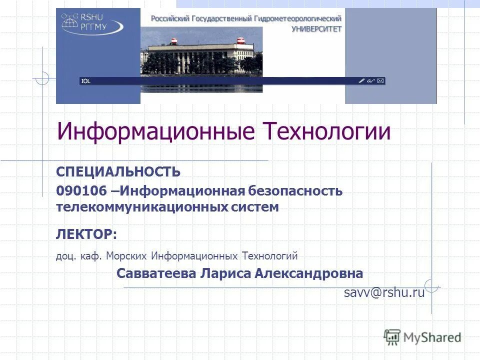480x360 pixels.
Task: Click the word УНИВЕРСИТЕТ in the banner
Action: coord(316,28)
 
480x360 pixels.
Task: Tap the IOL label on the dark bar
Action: coord(86,81)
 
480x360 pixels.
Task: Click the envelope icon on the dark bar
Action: coord(381,80)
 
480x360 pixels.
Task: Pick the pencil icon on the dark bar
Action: coord(361,80)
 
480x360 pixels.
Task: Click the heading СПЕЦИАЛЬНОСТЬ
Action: coord(118,172)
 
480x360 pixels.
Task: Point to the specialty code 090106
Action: coord(77,191)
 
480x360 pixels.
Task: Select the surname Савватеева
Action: coord(156,274)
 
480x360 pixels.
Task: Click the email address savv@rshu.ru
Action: coord(384,293)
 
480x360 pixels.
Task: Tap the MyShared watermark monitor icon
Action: coord(392,337)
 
